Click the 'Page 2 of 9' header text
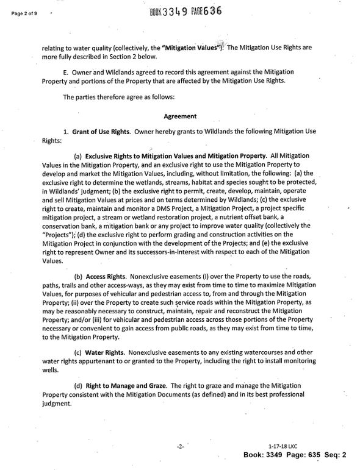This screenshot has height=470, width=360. (x=21, y=12)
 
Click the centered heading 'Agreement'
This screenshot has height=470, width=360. (x=180, y=116)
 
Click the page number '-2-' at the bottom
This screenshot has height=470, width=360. (x=180, y=446)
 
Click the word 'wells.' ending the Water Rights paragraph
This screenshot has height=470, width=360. (x=51, y=369)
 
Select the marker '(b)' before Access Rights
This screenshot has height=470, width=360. (x=79, y=277)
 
